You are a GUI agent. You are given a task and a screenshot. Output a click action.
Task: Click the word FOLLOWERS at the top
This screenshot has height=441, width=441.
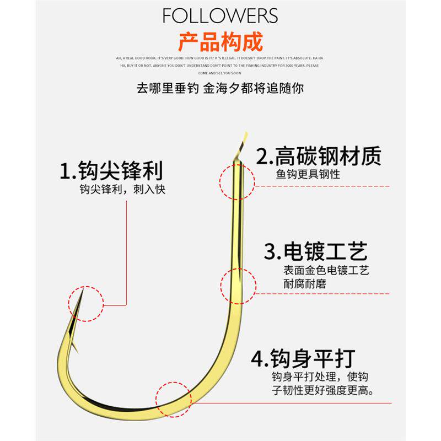tap(220, 15)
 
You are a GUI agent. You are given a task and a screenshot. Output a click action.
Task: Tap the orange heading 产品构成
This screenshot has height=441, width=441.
tap(220, 42)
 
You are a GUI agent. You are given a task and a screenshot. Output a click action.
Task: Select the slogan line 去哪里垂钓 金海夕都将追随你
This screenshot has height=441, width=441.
tap(220, 88)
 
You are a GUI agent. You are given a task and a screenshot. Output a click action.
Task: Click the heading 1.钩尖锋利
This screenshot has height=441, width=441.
tap(111, 171)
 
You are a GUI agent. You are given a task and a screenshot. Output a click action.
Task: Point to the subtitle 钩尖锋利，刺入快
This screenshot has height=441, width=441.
tap(122, 190)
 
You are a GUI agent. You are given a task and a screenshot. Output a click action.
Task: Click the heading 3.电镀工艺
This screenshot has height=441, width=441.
tap(315, 252)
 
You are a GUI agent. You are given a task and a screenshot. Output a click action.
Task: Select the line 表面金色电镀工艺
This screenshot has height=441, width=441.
tap(326, 271)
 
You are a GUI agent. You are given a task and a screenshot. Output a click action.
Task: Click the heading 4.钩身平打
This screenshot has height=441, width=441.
tap(303, 359)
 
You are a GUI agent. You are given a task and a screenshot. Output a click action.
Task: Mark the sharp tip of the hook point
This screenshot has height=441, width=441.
tap(82, 291)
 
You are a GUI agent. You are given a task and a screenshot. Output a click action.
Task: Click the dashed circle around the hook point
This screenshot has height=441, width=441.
tap(85, 303)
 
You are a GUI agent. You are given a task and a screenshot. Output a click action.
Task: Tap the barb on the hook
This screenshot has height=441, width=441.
tap(74, 347)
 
